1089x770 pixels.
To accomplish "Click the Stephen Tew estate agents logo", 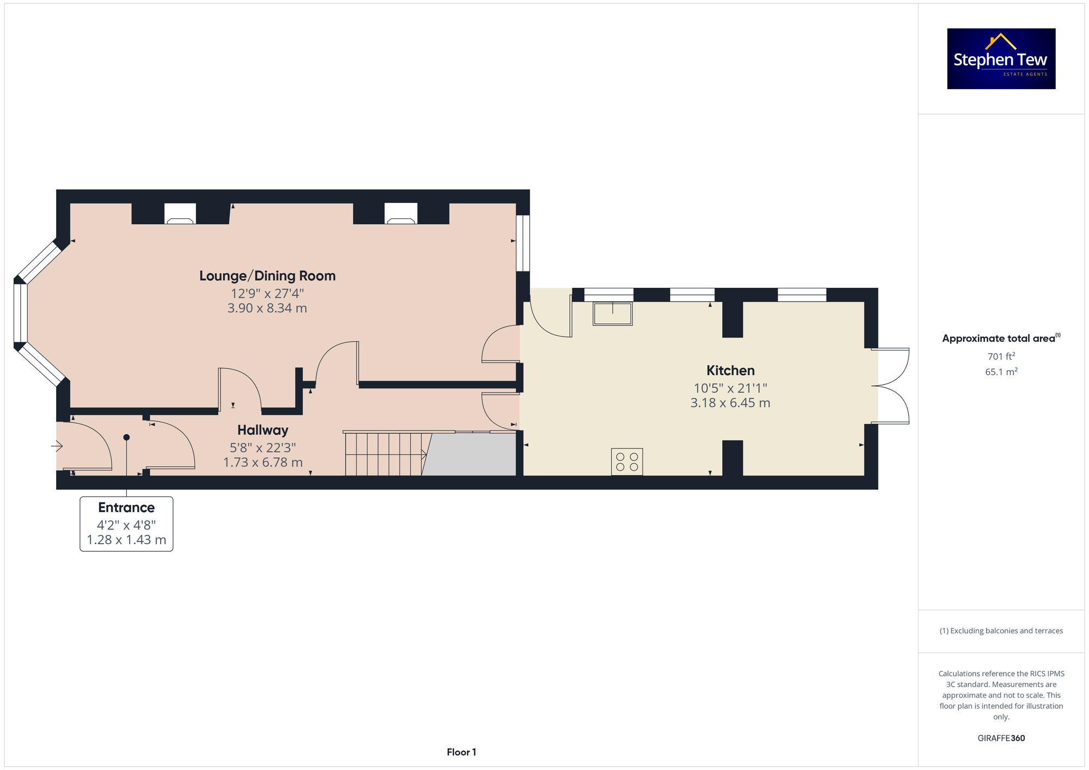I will (1001, 59).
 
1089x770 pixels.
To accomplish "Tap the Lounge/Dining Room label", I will (267, 276).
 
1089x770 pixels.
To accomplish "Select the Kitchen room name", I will (730, 371).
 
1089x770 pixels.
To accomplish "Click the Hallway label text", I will (262, 430).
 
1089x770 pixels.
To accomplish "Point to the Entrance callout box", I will (126, 523).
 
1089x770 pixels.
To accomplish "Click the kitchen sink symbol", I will (613, 314).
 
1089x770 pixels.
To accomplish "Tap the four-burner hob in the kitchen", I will (627, 461).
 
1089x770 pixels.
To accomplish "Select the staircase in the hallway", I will (384, 454).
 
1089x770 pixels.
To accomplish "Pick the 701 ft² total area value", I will (1001, 356).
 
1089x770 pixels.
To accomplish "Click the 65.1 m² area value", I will (1001, 372).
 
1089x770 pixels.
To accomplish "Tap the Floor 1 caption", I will (461, 752).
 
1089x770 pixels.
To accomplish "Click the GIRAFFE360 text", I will (1001, 738).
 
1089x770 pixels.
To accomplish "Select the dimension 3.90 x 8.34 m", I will (267, 308).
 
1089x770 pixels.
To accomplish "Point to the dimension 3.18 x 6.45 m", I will (730, 403).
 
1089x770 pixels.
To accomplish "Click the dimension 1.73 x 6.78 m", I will (262, 462).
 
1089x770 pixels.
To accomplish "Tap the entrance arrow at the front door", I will (57, 446).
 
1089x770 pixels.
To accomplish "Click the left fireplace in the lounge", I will (180, 213).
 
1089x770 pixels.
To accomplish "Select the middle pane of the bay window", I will (20, 312).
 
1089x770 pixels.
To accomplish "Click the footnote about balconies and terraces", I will (1001, 631).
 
